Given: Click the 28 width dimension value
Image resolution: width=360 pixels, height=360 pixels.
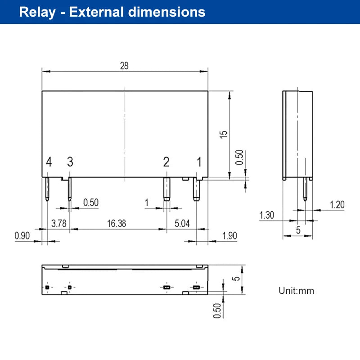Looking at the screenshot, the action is pyautogui.click(x=124, y=66).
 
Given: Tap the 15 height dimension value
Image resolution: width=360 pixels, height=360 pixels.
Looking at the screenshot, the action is pyautogui.click(x=223, y=134).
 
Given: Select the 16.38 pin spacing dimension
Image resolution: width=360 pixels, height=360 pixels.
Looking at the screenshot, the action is pyautogui.click(x=117, y=223).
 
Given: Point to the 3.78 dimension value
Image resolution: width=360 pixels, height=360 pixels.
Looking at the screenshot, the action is pyautogui.click(x=59, y=223).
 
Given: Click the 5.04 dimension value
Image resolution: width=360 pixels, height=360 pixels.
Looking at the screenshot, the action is pyautogui.click(x=182, y=223).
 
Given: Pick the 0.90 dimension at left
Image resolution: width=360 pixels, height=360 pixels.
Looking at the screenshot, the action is pyautogui.click(x=22, y=235).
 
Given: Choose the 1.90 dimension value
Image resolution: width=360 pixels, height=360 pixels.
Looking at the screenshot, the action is pyautogui.click(x=229, y=235).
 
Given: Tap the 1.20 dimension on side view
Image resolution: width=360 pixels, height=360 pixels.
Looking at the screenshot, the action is pyautogui.click(x=337, y=205).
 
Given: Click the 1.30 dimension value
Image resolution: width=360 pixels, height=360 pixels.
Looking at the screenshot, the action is pyautogui.click(x=267, y=215).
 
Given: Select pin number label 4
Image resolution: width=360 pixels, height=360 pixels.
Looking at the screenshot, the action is pyautogui.click(x=49, y=162).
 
